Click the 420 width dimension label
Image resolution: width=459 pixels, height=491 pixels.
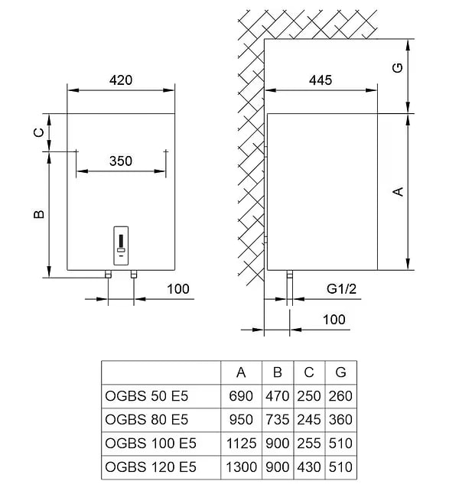(121, 80)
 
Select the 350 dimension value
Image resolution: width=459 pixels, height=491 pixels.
(121, 161)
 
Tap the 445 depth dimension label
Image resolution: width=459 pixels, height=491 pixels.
(321, 80)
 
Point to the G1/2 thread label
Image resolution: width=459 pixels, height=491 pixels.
(341, 289)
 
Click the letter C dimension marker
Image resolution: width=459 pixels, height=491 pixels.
(39, 133)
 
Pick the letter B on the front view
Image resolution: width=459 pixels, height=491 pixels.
(39, 214)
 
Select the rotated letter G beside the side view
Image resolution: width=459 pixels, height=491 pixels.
(398, 68)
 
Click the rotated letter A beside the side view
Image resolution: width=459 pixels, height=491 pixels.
(398, 192)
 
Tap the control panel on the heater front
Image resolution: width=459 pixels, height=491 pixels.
(121, 245)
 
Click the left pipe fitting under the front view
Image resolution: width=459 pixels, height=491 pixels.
(108, 274)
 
